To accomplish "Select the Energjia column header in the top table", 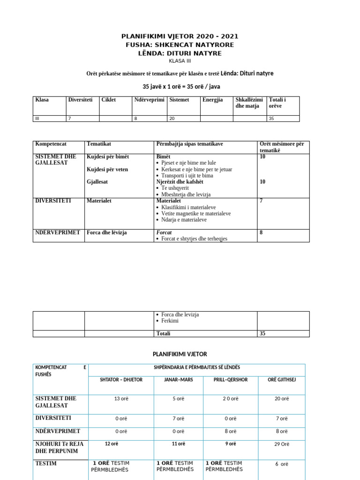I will coord(213,100).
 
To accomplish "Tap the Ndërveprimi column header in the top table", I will coord(150,100).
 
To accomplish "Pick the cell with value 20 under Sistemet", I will coord(172,119).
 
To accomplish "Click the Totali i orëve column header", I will coord(277,103).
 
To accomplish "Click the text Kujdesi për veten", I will coord(107,169).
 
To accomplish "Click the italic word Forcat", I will coord(164,232).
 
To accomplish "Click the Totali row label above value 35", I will coord(163,333).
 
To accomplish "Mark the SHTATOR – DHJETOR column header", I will coord(121,380).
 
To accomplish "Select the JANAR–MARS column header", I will coord(178,380).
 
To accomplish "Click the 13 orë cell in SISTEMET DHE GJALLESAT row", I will coord(121,398).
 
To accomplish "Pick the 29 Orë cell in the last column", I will coord(281,444).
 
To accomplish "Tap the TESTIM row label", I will coord(46,463).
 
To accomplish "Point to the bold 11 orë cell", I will coord(178,443).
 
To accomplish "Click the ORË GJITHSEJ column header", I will coord(281,380).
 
